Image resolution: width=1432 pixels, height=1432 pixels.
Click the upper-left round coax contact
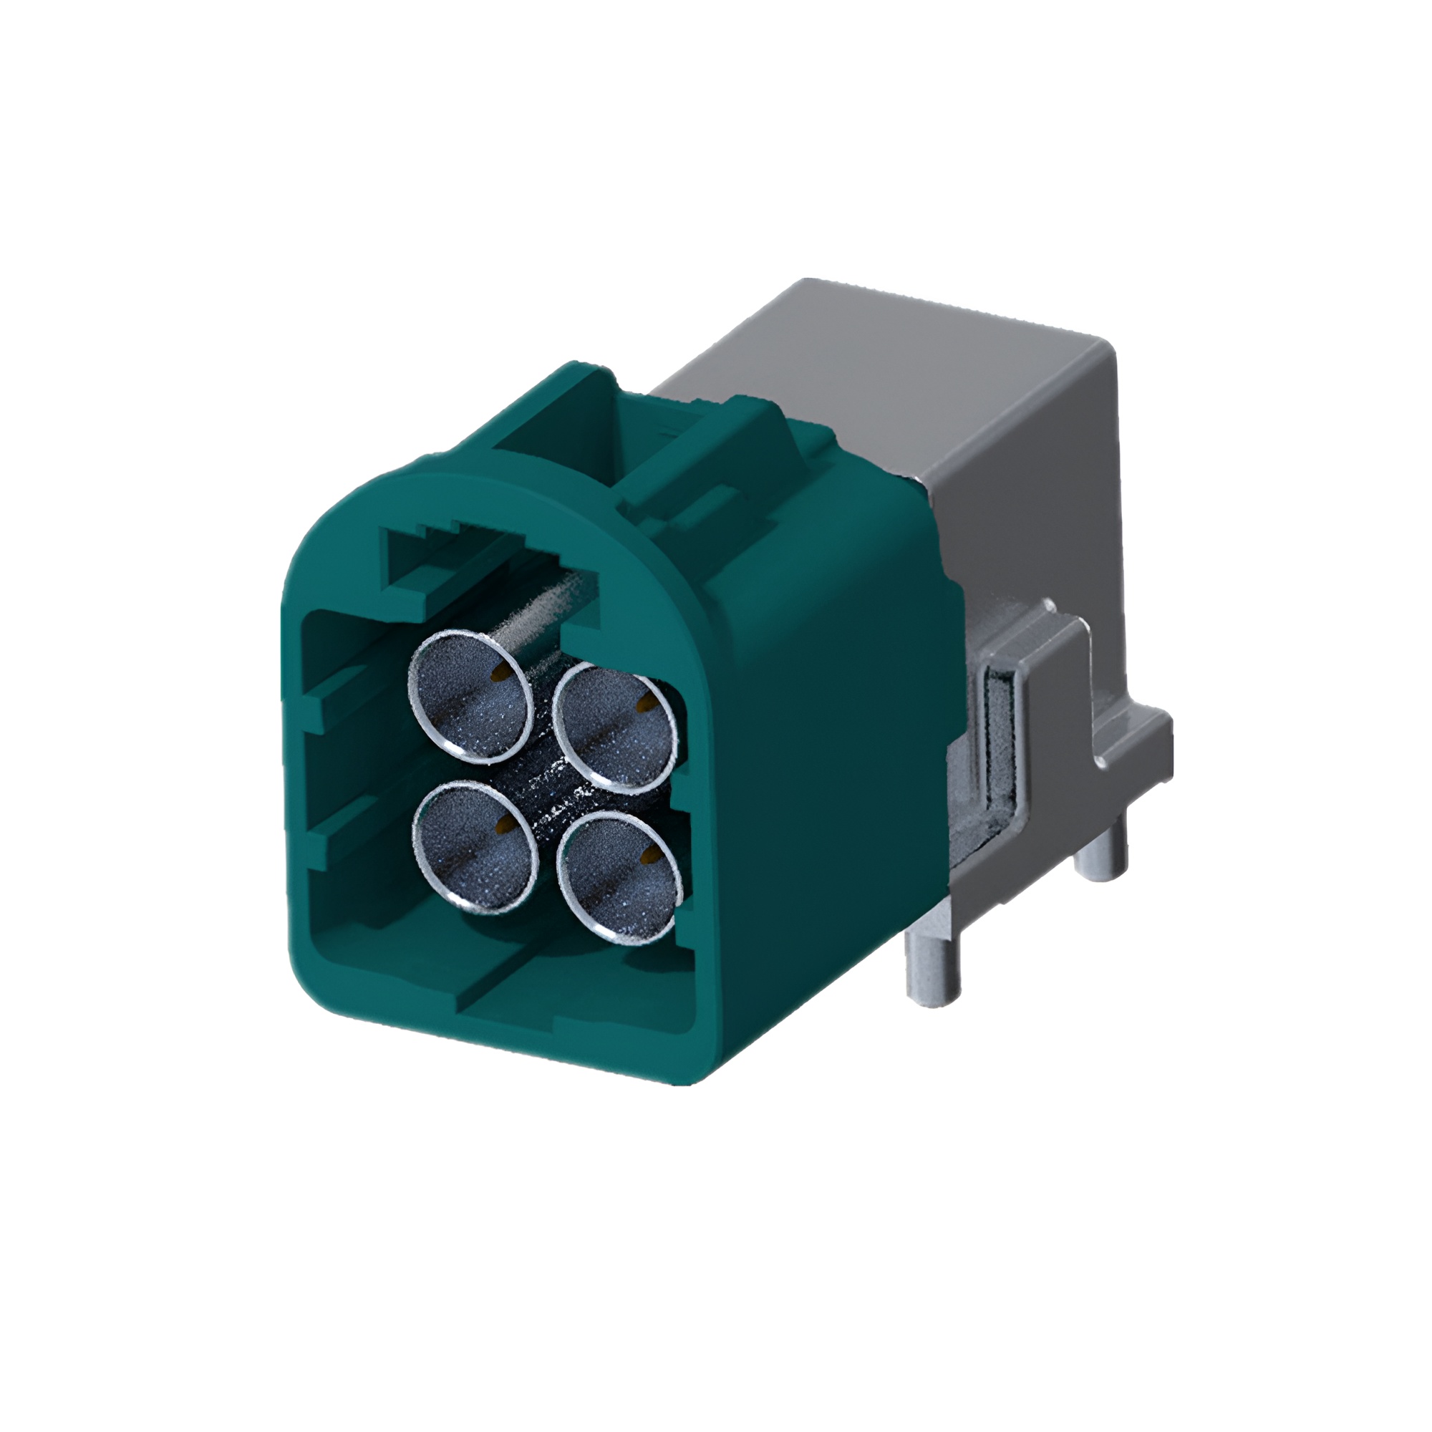tap(471, 697)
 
